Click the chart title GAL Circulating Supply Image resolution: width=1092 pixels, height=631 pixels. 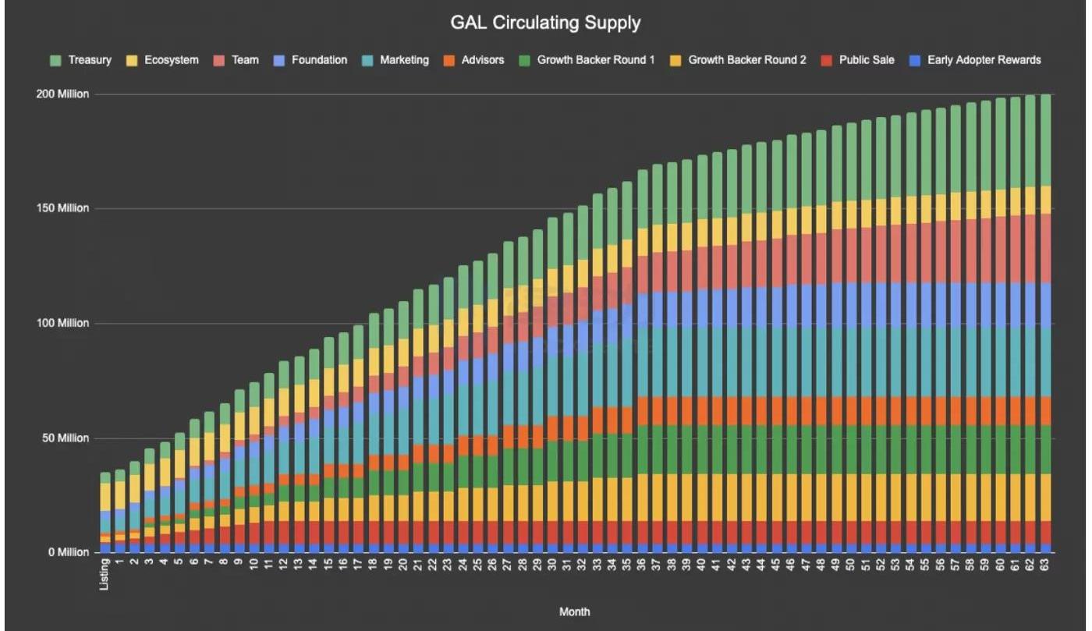545,23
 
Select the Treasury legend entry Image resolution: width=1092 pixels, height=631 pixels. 80,60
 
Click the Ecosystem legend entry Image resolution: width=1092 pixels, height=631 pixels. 163,60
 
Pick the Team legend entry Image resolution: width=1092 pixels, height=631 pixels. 237,60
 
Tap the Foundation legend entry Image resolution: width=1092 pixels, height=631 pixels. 310,60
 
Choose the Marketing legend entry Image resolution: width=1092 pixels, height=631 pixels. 395,60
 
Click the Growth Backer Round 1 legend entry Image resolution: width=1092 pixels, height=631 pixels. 587,60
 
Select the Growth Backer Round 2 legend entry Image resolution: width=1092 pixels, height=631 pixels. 738,60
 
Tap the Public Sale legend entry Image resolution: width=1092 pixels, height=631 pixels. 857,60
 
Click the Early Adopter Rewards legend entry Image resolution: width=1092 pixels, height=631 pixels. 974,60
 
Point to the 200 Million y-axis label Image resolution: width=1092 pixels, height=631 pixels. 62,94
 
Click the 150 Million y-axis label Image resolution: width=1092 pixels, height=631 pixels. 62,209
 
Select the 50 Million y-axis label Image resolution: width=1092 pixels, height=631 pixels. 64,438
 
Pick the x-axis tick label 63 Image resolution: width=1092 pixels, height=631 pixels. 1046,565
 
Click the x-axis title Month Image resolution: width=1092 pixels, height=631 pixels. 575,612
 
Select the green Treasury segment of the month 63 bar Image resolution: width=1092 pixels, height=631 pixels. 1046,140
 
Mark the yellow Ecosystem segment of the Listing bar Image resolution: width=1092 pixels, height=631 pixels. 105,497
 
